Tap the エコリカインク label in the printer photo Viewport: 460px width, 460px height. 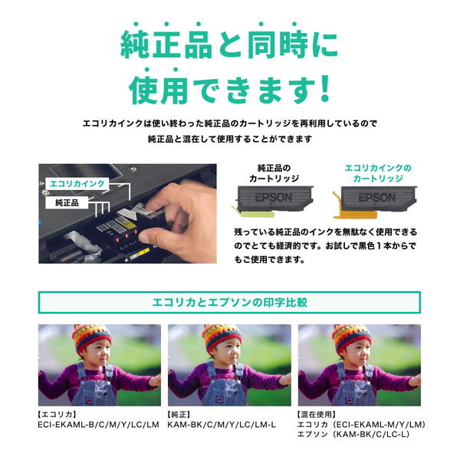[77, 184]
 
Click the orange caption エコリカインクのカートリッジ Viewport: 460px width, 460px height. [377, 172]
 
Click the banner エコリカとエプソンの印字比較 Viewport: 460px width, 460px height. [229, 302]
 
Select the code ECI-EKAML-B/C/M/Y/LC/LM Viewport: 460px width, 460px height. [98, 424]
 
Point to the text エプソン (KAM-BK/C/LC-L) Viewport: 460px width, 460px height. [356, 434]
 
